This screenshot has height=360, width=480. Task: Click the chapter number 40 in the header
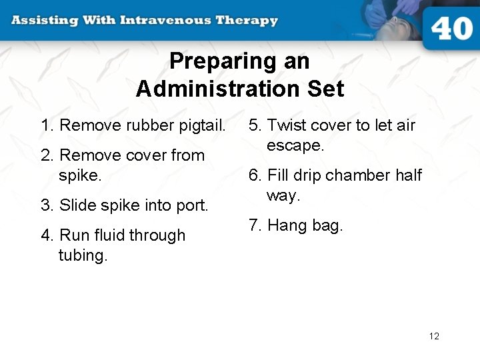[x=451, y=30]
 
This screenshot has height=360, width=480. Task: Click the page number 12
[x=434, y=336]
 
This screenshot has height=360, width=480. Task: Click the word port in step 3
[x=193, y=206]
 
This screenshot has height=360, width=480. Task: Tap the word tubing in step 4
[x=82, y=256]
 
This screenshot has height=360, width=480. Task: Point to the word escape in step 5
[x=294, y=146]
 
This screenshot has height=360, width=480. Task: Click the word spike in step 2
[x=79, y=176]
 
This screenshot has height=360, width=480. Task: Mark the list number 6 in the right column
[x=253, y=175]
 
